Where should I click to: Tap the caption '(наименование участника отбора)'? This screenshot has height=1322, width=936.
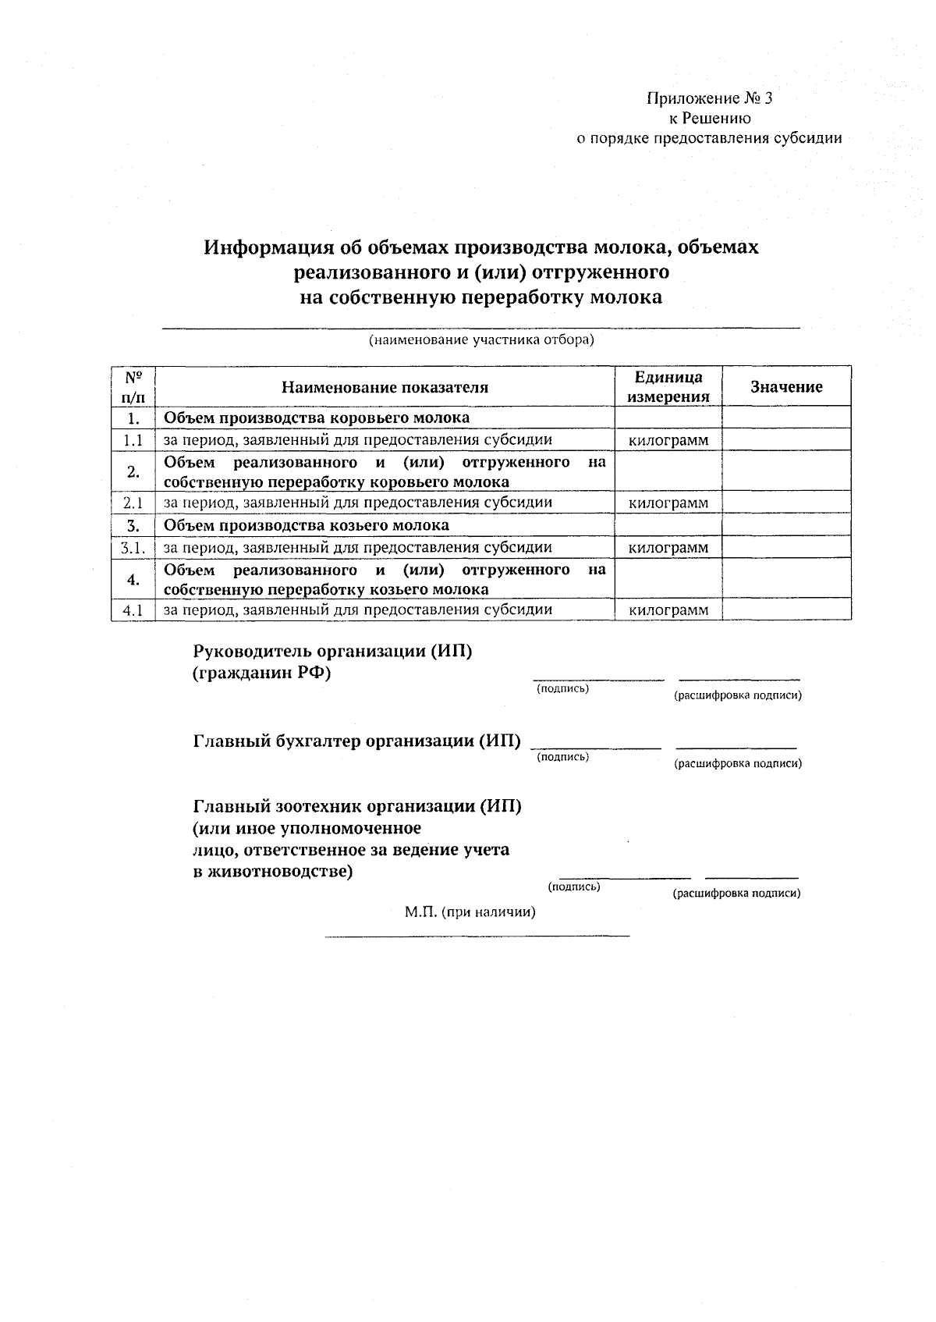tap(481, 340)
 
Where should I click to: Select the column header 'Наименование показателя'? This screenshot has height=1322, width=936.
tap(385, 387)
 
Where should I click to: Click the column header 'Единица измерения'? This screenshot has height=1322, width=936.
tap(668, 386)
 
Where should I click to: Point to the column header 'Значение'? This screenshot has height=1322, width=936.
tap(785, 387)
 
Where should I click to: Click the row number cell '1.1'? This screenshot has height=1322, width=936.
tap(133, 440)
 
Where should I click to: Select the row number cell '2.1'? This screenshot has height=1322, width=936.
tap(133, 503)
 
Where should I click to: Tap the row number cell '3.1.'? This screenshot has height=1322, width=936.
tap(133, 548)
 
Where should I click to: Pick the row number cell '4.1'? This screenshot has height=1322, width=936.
tap(133, 609)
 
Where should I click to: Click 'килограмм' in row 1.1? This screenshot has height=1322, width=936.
tap(668, 440)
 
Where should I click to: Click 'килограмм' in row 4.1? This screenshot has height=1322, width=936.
tap(668, 609)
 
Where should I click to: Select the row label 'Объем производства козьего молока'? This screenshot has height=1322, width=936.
tap(306, 525)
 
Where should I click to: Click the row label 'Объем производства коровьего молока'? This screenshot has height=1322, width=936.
tap(316, 418)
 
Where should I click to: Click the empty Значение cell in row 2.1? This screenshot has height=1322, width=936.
tap(785, 503)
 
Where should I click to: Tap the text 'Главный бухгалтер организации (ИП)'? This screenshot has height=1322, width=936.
tap(356, 741)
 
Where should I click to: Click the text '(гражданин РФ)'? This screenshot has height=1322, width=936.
tap(261, 673)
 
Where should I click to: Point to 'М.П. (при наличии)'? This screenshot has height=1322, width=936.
tap(470, 912)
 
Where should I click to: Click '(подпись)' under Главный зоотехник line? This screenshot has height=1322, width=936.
tap(574, 887)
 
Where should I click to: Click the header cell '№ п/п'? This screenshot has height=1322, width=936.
tap(133, 386)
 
